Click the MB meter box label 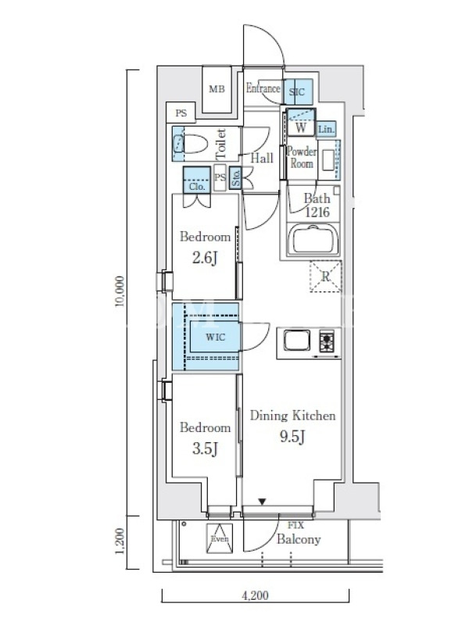point(217,89)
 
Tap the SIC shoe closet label point(297,92)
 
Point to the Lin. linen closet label point(326,130)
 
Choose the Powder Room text point(302,158)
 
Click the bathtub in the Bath point(313,240)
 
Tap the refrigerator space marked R point(326,277)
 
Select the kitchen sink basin point(297,341)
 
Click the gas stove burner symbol point(327,341)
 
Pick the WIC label point(216,337)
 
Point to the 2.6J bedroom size point(205,258)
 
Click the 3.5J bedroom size point(205,448)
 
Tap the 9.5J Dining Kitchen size point(292,437)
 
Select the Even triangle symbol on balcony point(220,538)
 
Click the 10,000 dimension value point(120,291)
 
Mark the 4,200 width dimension point(256,595)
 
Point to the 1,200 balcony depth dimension point(120,541)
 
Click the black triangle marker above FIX point(262,502)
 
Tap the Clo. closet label point(197,187)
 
